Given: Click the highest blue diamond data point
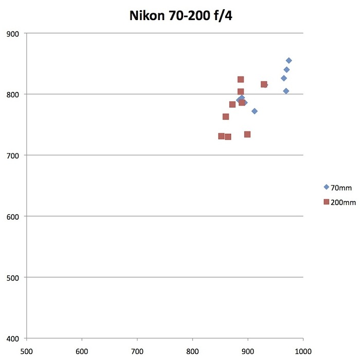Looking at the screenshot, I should click(289, 61).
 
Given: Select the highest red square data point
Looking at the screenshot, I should click(241, 80).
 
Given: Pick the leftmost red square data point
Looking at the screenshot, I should click(221, 136).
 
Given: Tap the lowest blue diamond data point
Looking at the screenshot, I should click(255, 111).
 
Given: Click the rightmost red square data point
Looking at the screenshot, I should click(264, 84).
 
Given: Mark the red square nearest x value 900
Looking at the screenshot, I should click(247, 134).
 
